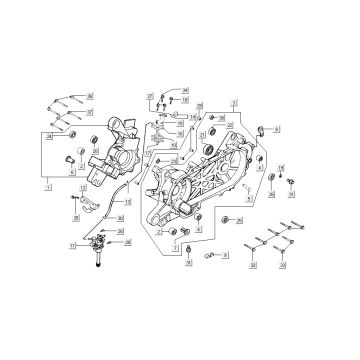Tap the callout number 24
pyautogui.click(x=49, y=135)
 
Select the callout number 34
pyautogui.click(x=186, y=89)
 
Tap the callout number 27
pyautogui.click(x=148, y=96)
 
